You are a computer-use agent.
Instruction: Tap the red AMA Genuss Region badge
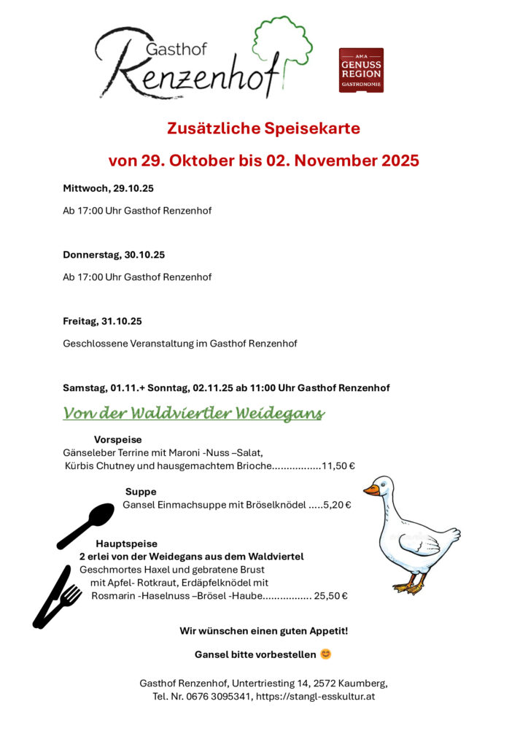click(x=361, y=70)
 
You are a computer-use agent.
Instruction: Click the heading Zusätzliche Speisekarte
click(x=263, y=128)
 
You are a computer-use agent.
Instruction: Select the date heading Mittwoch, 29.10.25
click(x=108, y=188)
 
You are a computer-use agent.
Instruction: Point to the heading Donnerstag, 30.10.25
click(x=114, y=255)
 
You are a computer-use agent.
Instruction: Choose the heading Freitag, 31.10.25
click(x=102, y=321)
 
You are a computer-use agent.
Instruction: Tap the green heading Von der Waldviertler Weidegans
click(x=193, y=414)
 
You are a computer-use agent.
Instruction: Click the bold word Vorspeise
click(x=117, y=440)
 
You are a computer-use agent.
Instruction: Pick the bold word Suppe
click(x=141, y=492)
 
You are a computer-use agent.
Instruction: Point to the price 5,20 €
click(x=337, y=505)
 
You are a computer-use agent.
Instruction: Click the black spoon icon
click(x=87, y=525)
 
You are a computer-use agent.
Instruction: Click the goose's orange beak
click(x=372, y=490)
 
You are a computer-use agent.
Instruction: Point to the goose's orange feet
click(x=408, y=586)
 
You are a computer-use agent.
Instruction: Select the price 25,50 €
click(x=330, y=596)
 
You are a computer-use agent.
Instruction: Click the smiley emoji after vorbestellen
click(x=326, y=654)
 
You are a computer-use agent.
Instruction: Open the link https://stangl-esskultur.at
click(x=315, y=697)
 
